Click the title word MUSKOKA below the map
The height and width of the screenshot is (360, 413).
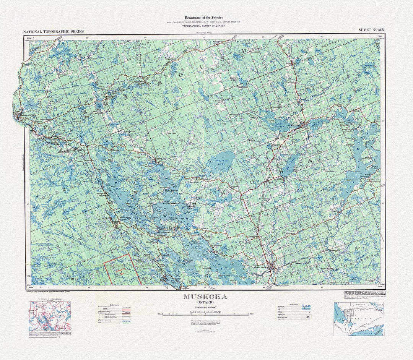pyautogui.click(x=205, y=297)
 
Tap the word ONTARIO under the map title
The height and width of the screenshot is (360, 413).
pyautogui.click(x=205, y=302)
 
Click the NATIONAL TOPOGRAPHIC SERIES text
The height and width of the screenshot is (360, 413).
pyautogui.click(x=53, y=32)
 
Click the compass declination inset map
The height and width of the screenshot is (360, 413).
pyautogui.click(x=50, y=316)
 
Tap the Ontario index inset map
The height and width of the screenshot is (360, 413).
pyautogui.click(x=358, y=319)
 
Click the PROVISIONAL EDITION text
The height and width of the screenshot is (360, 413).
pyautogui.click(x=205, y=307)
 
